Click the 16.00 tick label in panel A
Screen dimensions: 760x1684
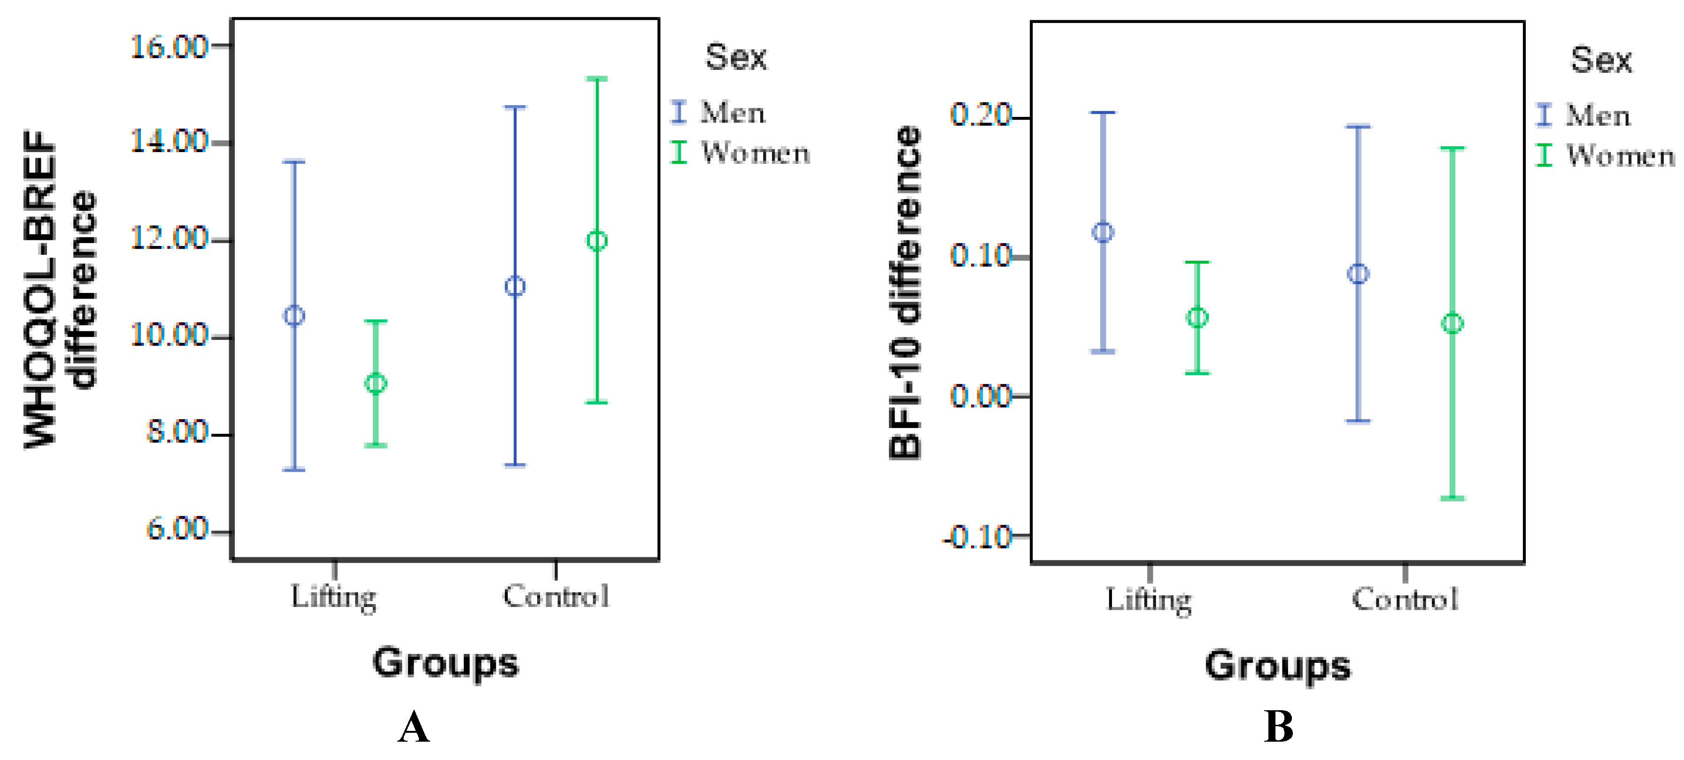[169, 47]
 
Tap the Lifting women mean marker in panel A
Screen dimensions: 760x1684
[375, 384]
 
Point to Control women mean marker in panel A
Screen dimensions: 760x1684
[596, 240]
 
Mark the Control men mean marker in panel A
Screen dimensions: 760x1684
[515, 286]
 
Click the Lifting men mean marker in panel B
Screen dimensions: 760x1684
[1103, 232]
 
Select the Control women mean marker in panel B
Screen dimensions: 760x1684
[1452, 323]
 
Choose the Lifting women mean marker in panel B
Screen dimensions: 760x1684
[1197, 318]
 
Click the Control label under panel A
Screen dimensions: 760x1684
[556, 596]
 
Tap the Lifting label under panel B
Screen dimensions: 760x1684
[1149, 599]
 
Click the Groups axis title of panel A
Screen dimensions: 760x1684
[445, 663]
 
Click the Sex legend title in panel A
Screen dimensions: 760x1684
[735, 58]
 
